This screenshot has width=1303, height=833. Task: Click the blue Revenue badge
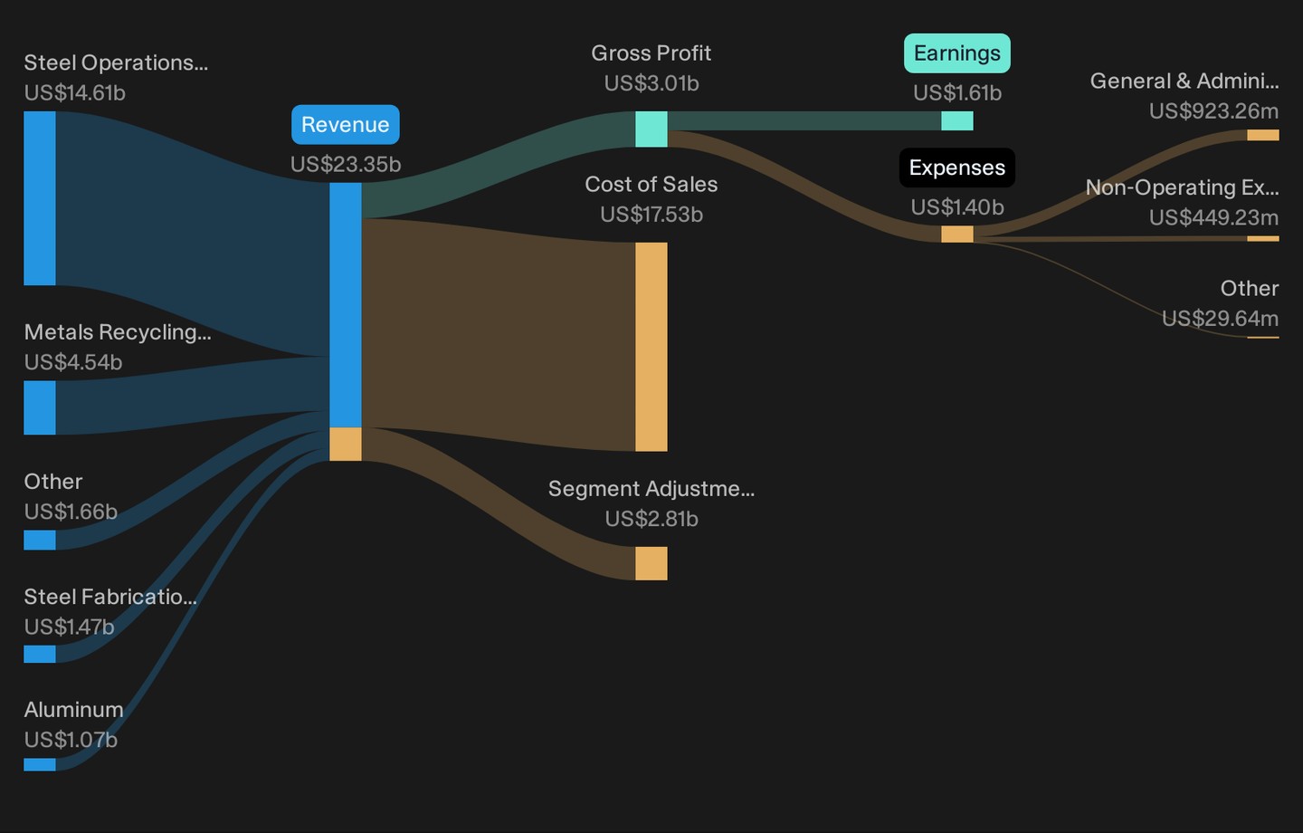pyautogui.click(x=346, y=125)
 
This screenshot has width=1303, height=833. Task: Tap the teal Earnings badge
pyautogui.click(x=957, y=53)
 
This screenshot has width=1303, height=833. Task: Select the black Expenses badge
pyautogui.click(x=957, y=168)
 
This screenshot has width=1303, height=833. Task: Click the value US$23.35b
pyautogui.click(x=346, y=164)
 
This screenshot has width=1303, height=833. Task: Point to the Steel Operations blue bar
pyautogui.click(x=40, y=198)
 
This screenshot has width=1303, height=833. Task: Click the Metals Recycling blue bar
pyautogui.click(x=40, y=407)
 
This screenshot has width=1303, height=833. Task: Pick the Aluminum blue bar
pyautogui.click(x=40, y=764)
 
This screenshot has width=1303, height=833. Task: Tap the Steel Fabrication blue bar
pyautogui.click(x=40, y=654)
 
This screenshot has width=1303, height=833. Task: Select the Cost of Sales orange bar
pyautogui.click(x=651, y=347)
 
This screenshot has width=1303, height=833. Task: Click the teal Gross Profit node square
pyautogui.click(x=651, y=129)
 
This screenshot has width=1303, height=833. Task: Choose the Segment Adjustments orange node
pyautogui.click(x=651, y=563)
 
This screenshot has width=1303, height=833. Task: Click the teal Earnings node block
pyautogui.click(x=957, y=120)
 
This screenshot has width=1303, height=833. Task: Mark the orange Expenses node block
pyautogui.click(x=957, y=234)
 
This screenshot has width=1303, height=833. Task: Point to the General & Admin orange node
pyautogui.click(x=1263, y=135)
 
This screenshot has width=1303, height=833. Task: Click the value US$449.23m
pyautogui.click(x=1213, y=217)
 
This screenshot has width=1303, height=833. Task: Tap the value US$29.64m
pyautogui.click(x=1220, y=319)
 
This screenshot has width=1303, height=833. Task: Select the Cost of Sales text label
pyautogui.click(x=651, y=184)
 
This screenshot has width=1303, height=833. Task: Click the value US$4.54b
pyautogui.click(x=73, y=362)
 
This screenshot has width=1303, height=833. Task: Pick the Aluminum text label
pyautogui.click(x=74, y=710)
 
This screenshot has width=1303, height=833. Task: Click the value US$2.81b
pyautogui.click(x=651, y=519)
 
